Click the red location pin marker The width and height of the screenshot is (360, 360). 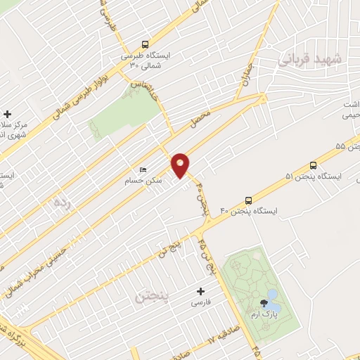coord(181,165)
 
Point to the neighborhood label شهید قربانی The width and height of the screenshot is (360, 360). coord(309,60)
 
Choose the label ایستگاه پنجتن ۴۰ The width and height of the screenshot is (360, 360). coord(250,211)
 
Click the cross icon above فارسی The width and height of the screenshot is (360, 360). coord(201,291)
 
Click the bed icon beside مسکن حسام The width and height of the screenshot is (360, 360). coord(143,170)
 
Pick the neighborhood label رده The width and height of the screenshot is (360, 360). coord(63,202)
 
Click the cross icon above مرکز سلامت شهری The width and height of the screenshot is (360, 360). coord(7,114)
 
